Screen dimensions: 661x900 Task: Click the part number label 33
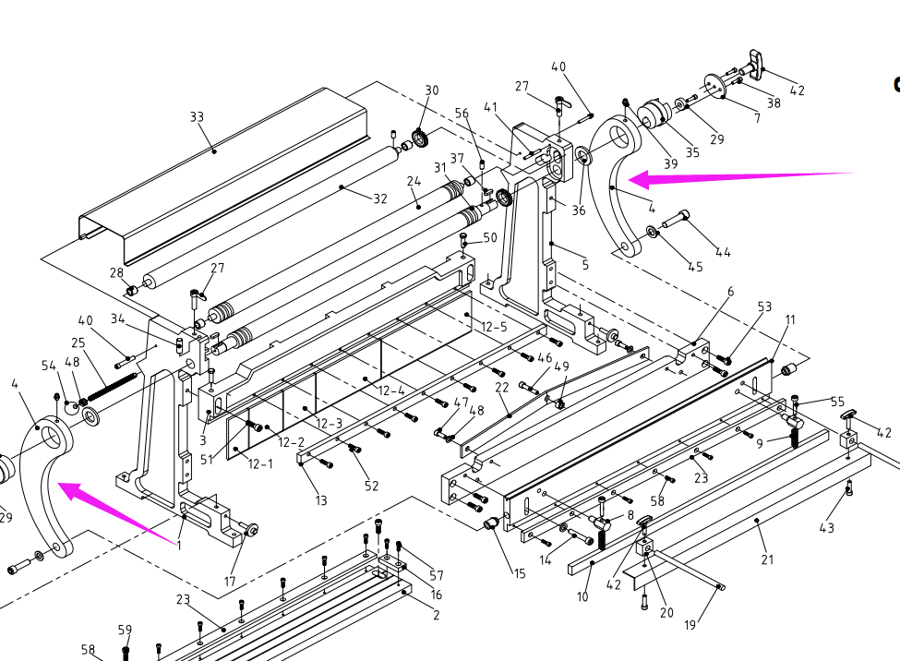(x=197, y=117)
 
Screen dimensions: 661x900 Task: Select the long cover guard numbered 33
(x=222, y=175)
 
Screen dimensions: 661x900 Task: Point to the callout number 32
(x=379, y=198)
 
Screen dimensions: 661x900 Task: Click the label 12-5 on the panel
(x=494, y=327)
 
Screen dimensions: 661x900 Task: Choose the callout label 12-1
(x=260, y=463)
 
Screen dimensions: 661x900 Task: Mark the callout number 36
(x=578, y=210)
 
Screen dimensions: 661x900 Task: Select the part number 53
(x=764, y=306)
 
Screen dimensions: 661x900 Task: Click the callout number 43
(x=826, y=527)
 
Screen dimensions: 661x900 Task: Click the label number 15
(x=520, y=574)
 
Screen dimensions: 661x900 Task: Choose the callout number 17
(x=230, y=582)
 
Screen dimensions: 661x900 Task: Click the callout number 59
(x=125, y=631)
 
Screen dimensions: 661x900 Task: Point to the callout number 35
(x=692, y=152)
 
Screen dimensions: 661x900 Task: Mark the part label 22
(x=502, y=387)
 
